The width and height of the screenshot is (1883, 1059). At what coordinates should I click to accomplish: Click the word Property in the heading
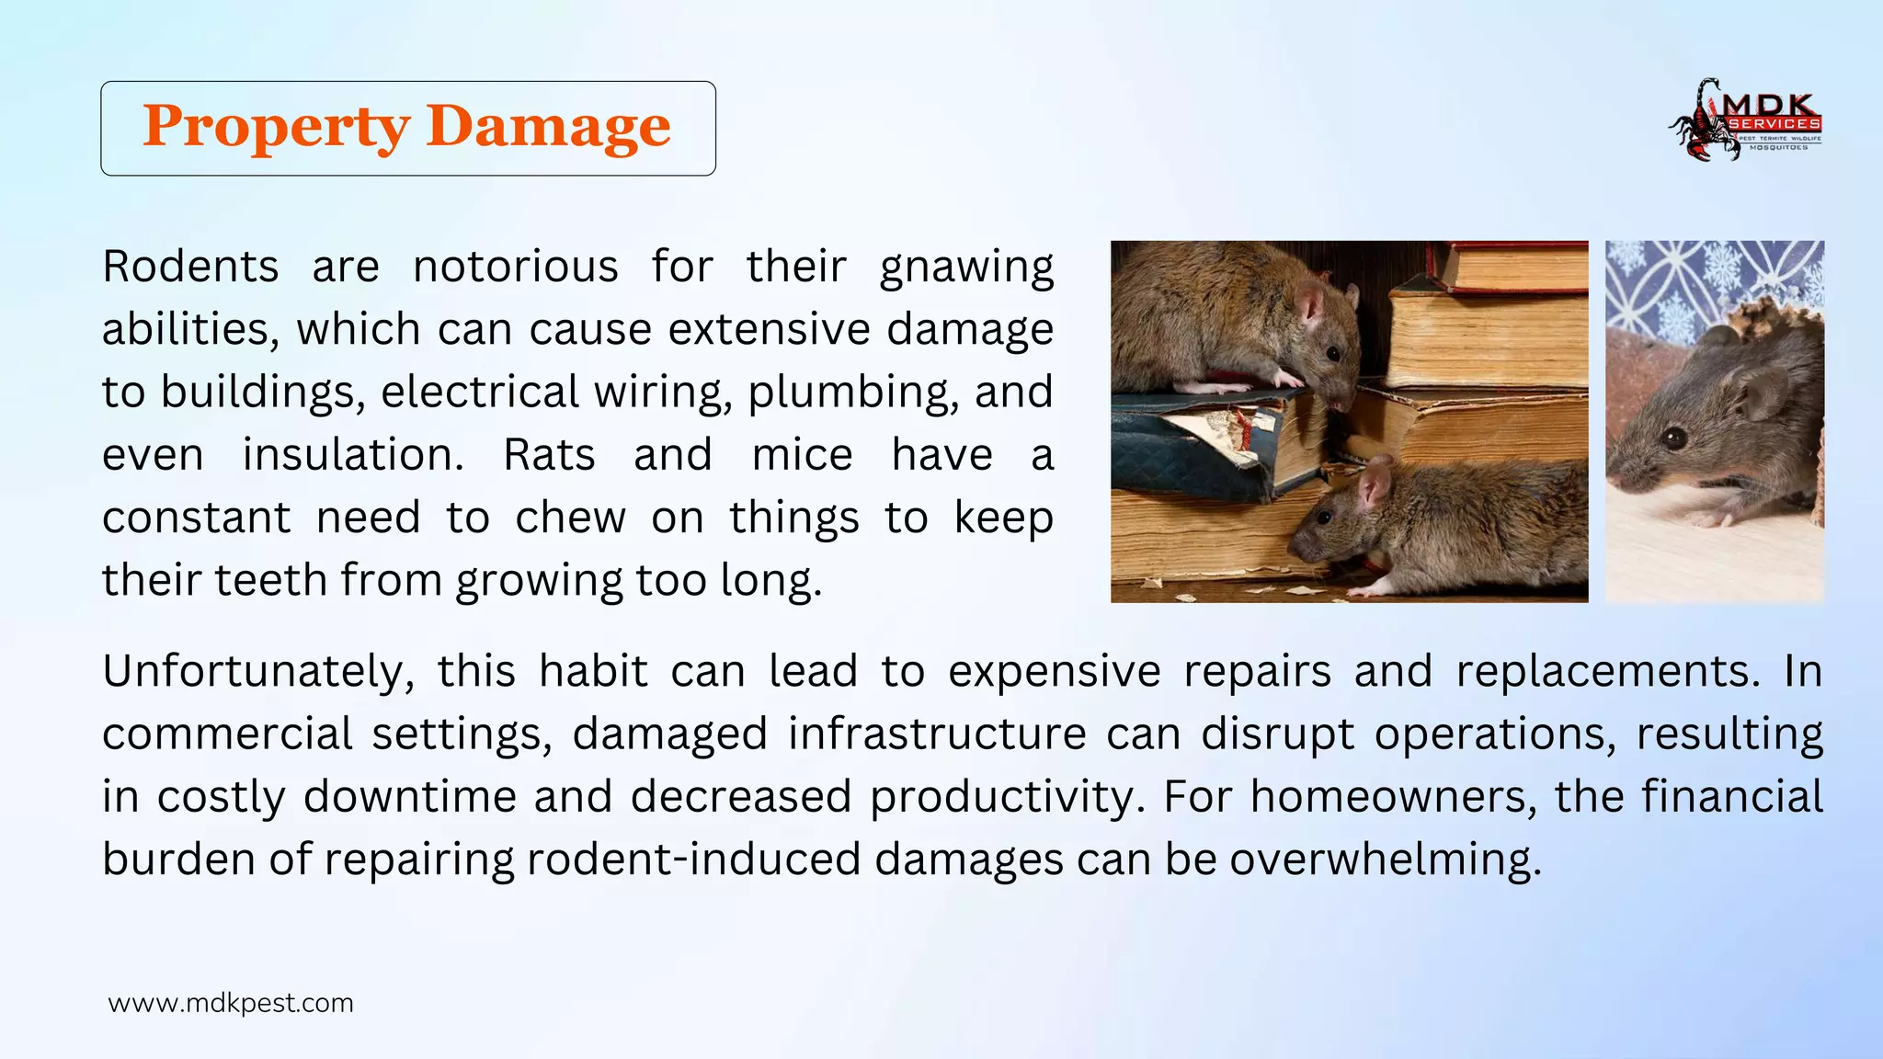pos(276,127)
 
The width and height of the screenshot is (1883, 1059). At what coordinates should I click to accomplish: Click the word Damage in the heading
pos(548,127)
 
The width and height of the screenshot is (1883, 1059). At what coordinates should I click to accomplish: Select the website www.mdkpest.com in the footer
pos(231,1003)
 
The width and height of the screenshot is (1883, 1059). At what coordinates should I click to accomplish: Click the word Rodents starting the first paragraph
pos(190,268)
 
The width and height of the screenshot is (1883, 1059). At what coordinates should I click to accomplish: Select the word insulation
pos(353,455)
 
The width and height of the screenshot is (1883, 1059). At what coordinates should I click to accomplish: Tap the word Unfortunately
pos(258,672)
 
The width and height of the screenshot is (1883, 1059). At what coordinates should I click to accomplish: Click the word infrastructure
pos(937,734)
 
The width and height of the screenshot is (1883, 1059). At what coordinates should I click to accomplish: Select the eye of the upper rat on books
pos(1332,353)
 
